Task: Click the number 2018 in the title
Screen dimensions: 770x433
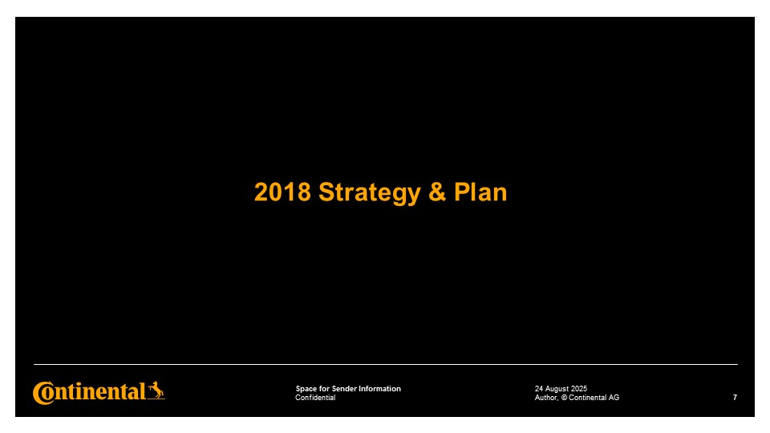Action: [x=282, y=192]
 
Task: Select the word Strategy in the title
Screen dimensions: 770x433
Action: [x=370, y=193]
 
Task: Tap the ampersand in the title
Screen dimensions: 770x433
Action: [x=437, y=192]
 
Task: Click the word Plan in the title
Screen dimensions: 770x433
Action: [x=480, y=192]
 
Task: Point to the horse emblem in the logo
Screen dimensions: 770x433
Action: [x=156, y=391]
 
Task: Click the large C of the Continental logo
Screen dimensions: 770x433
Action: [x=43, y=393]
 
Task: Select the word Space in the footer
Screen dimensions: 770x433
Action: [x=306, y=389]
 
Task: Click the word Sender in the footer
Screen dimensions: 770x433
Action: [x=344, y=389]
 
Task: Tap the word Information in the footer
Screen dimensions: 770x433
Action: [x=379, y=389]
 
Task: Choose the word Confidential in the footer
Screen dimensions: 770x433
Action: [x=315, y=398]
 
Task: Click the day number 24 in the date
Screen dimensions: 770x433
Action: [x=539, y=389]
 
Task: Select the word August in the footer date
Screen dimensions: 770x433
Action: [x=557, y=390]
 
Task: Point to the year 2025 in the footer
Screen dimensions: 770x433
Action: [x=579, y=389]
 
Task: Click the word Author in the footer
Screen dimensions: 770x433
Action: [x=546, y=398]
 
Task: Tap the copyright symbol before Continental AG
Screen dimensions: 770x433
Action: [x=564, y=398]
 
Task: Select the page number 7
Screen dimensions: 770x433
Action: [x=735, y=398]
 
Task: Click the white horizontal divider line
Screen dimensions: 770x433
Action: [x=386, y=364]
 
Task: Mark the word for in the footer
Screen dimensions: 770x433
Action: [x=324, y=389]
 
